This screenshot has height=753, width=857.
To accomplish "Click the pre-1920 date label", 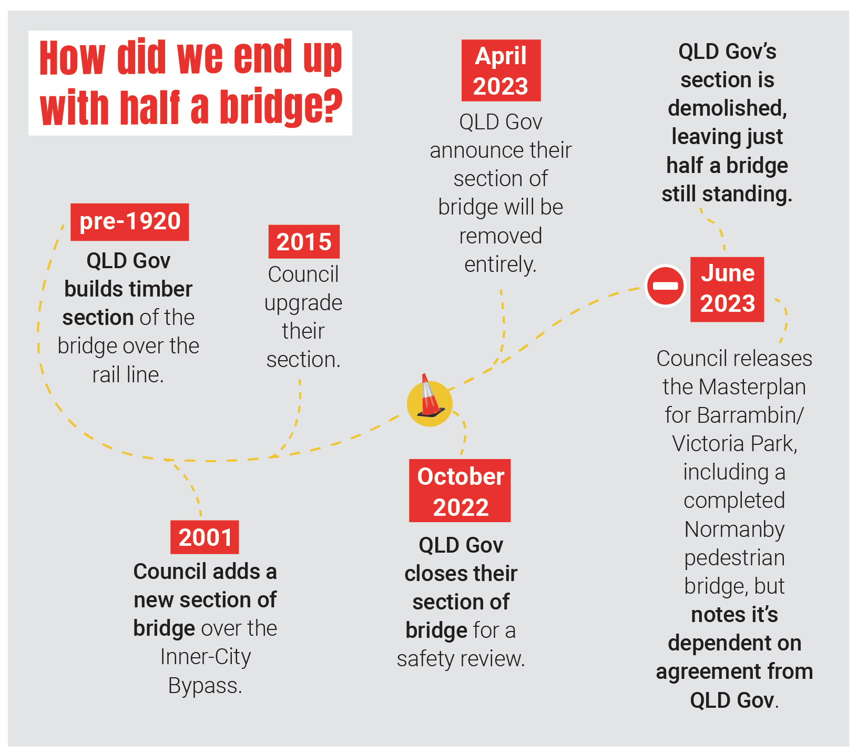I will [130, 222].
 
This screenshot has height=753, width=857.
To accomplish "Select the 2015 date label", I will [304, 242].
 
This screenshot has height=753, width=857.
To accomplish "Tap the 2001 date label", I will [205, 537].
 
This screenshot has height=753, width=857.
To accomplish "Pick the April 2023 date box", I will [501, 70].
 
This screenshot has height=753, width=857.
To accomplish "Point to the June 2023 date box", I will [727, 289].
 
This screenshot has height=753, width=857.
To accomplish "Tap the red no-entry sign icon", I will [665, 286].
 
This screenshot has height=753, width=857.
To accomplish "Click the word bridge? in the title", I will [281, 107].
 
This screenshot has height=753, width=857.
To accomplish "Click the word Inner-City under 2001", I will [206, 657].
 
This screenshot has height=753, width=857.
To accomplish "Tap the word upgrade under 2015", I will [303, 303].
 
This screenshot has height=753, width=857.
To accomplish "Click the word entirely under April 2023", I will [500, 264].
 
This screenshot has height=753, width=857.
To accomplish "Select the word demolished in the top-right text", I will [727, 108].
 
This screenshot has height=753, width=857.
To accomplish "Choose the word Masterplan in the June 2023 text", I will [752, 387].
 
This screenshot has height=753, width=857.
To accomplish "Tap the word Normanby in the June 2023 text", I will [734, 529].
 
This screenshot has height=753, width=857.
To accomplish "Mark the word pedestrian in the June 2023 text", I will [734, 558].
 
